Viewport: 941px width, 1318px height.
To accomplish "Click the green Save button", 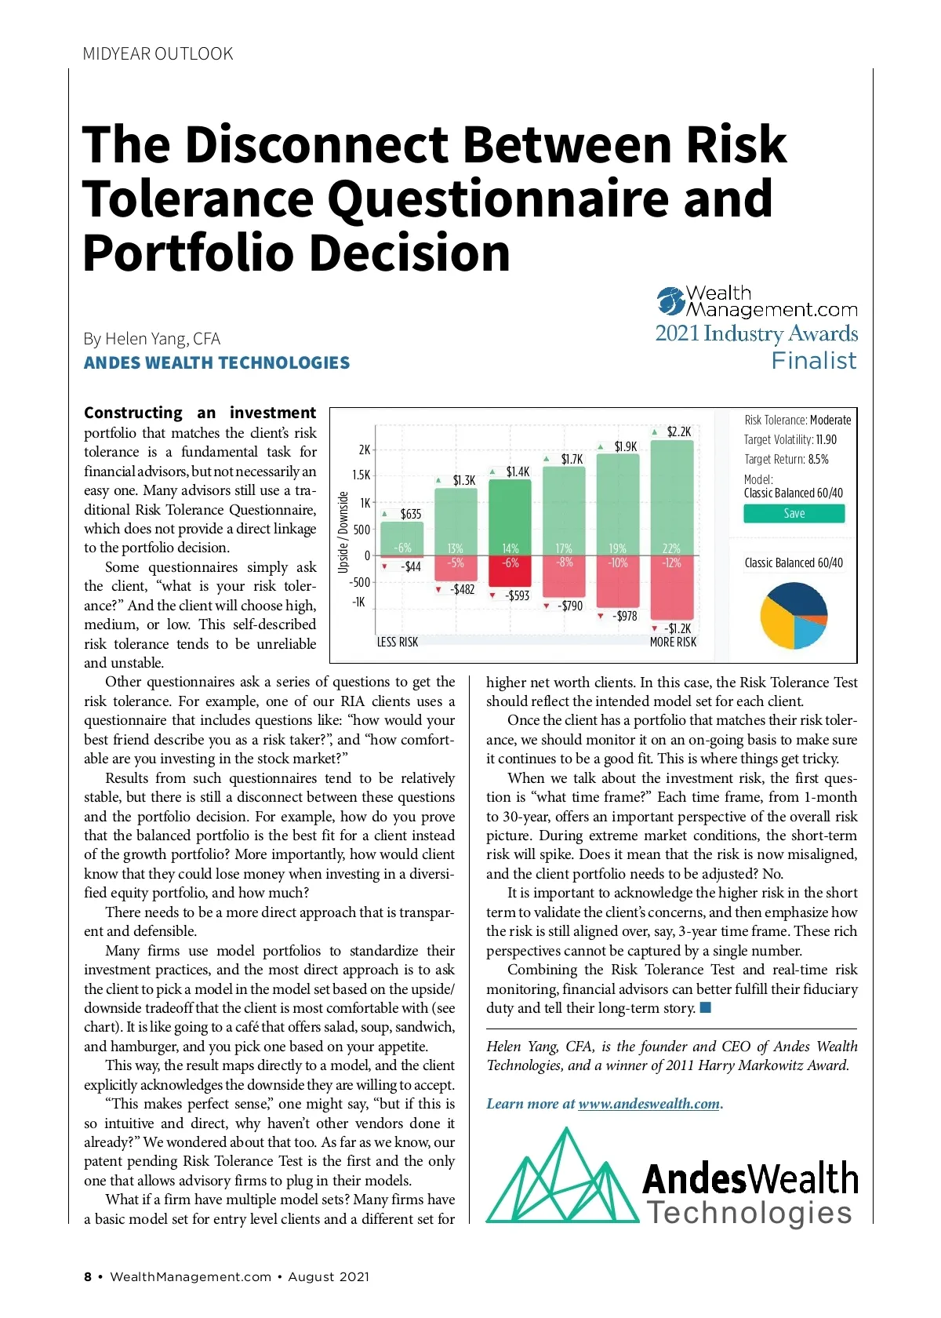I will coord(794,513).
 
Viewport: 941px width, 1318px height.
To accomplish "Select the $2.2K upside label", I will coord(678,431).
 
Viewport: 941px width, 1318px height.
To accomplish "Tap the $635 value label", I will coord(410,514).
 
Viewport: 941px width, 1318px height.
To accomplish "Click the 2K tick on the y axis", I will coord(364,450).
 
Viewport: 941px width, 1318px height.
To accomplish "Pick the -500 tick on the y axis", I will coord(359,582).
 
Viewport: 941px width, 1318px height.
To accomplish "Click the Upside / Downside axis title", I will coord(343,531).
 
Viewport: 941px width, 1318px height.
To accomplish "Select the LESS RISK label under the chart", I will coord(398,642).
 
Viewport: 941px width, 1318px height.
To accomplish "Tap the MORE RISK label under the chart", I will coord(673,642).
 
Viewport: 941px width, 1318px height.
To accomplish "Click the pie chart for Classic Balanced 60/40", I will coord(794,615).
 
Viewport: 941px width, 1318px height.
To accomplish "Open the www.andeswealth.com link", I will coord(649,1104).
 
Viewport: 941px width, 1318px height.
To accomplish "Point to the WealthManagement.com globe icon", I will coord(671,301).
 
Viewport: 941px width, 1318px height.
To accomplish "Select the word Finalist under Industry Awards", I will coord(814,360).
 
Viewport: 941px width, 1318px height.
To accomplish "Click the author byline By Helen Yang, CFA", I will coord(152,339).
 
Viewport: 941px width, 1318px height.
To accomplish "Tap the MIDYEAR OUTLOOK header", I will coord(158,53).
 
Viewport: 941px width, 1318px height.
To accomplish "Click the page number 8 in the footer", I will coord(88,1276).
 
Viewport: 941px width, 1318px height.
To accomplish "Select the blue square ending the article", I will coord(706,1007).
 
